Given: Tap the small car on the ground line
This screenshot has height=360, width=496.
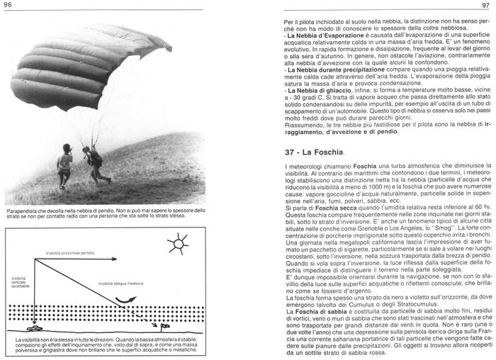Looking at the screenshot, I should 33,327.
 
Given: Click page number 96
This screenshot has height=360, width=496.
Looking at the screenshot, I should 10,6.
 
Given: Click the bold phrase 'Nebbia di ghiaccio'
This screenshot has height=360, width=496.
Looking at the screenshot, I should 314,90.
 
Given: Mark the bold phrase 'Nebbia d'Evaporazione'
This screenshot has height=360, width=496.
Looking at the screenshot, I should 320,35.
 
